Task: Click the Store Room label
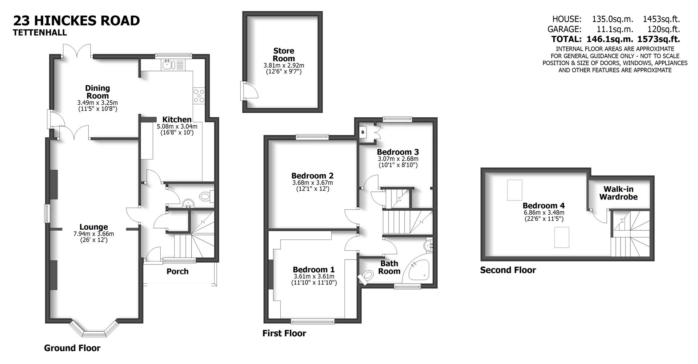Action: click(x=284, y=55)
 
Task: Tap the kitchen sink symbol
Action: click(x=168, y=65)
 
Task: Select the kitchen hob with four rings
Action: click(x=199, y=96)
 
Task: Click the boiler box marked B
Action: click(x=362, y=133)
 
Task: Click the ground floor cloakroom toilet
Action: click(x=206, y=197)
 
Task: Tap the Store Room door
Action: click(x=249, y=90)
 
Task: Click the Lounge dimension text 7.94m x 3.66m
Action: click(x=93, y=234)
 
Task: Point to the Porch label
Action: click(x=177, y=271)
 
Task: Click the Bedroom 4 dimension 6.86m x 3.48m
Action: click(x=543, y=213)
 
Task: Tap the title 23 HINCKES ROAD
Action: click(x=76, y=21)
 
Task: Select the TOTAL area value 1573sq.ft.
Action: click(x=659, y=39)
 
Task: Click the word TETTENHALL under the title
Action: click(x=40, y=33)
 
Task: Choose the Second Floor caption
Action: click(x=508, y=270)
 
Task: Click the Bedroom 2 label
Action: click(x=312, y=176)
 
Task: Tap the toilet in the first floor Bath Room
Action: click(x=366, y=276)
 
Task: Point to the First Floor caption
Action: click(x=284, y=333)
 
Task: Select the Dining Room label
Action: click(x=97, y=92)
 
